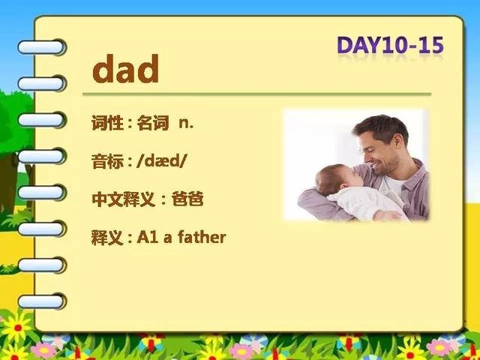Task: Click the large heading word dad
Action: pos(125,68)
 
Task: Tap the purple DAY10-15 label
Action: pos(390,45)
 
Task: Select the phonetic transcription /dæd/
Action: pos(161,161)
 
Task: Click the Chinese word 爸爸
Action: pos(187,199)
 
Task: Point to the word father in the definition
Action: pos(202,237)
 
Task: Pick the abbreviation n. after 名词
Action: pos(186,123)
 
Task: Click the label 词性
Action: pos(107,123)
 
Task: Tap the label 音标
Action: pos(107,161)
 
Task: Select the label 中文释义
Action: pos(123,199)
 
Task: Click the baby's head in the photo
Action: pos(336,179)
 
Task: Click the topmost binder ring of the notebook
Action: pos(41,47)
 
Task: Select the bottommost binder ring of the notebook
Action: pos(41,301)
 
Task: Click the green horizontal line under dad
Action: pos(256,94)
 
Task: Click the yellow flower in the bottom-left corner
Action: pos(17,328)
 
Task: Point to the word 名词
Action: pos(152,123)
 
